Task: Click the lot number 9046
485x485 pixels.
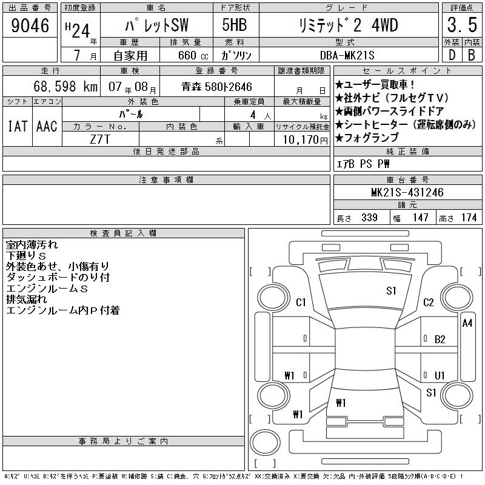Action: click(30, 25)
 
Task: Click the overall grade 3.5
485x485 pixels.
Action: click(462, 25)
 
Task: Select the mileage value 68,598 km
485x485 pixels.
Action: click(65, 86)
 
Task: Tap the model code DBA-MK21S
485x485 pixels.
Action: click(347, 55)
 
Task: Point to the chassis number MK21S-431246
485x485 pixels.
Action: click(407, 192)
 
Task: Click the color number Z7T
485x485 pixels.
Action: click(100, 139)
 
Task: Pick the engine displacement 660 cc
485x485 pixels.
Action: click(193, 55)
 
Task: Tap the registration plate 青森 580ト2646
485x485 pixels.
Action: click(216, 87)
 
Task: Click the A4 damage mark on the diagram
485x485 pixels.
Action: click(467, 323)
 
